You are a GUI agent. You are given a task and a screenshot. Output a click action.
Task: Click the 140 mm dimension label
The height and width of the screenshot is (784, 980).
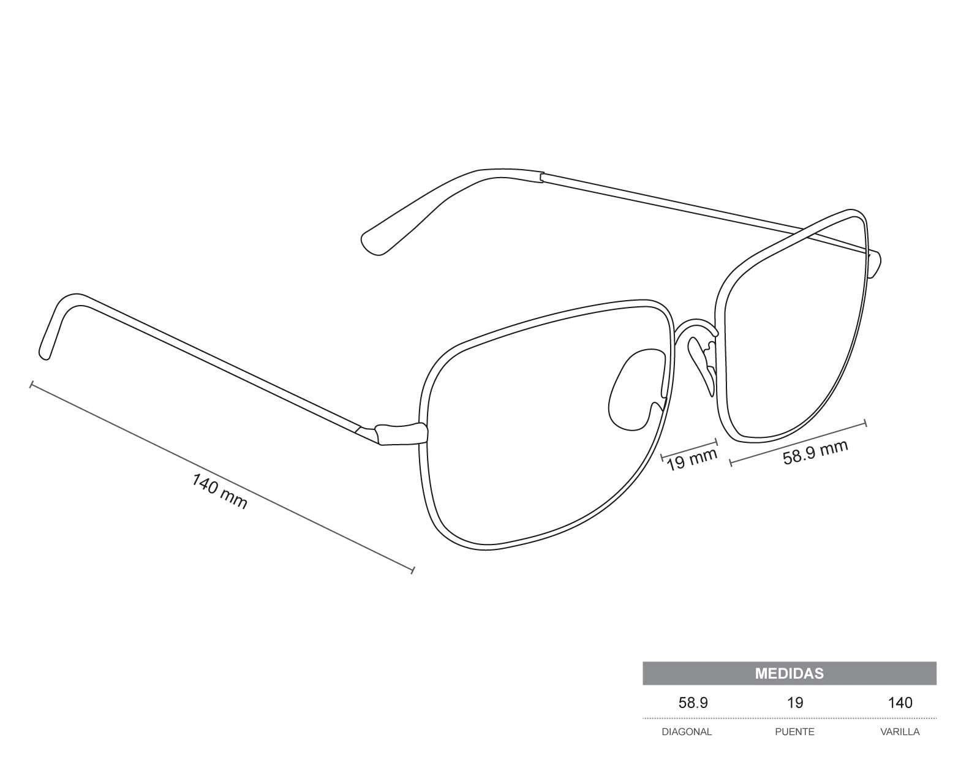click(x=219, y=491)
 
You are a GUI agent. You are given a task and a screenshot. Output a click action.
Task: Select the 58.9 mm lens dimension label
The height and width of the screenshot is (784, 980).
click(x=815, y=452)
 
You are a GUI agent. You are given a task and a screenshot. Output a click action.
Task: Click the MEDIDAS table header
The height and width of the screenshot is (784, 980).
click(x=789, y=673)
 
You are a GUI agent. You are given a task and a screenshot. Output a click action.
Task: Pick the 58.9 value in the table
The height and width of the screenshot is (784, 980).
click(x=693, y=703)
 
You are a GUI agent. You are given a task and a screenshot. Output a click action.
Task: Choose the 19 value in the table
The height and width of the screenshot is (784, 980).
click(x=794, y=703)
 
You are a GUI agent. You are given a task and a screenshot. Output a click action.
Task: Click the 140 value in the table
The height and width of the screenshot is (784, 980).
click(x=900, y=703)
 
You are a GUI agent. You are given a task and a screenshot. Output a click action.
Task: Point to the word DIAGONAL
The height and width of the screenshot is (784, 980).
click(x=687, y=731)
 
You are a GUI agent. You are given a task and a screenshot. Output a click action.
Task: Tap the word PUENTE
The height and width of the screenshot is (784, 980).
click(x=794, y=731)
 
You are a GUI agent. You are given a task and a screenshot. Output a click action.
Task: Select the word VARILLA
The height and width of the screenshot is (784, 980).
click(x=900, y=731)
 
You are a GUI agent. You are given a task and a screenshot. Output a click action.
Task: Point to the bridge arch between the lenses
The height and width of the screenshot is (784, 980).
click(x=695, y=324)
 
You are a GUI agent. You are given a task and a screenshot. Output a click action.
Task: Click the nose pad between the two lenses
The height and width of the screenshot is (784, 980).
click(x=703, y=364)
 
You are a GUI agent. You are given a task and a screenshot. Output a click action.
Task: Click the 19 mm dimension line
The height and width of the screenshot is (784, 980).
click(x=689, y=449)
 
